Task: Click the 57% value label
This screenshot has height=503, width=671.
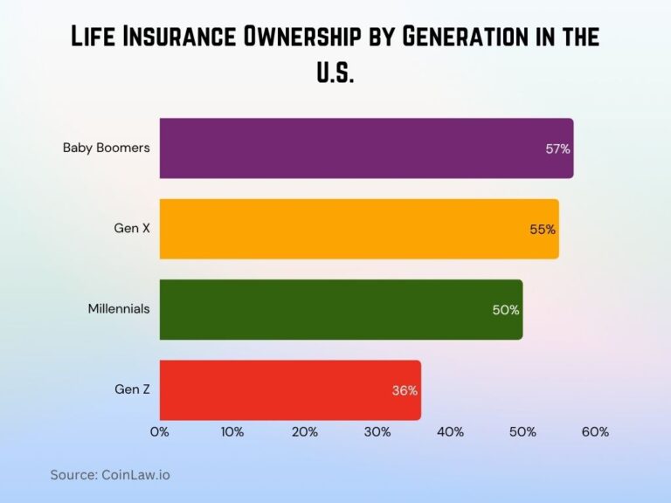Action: (x=557, y=149)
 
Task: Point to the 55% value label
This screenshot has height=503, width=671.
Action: (x=543, y=230)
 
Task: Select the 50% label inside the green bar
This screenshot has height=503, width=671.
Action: (x=506, y=310)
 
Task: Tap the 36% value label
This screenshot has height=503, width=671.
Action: (x=405, y=391)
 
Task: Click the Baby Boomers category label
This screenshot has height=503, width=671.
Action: (x=106, y=148)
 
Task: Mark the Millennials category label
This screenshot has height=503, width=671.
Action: (x=119, y=309)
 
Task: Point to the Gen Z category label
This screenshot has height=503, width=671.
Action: (x=132, y=389)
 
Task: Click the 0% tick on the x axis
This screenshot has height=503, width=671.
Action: (x=160, y=431)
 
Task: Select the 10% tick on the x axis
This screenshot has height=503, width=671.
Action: (x=232, y=431)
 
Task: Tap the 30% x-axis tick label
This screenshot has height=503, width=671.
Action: (x=377, y=431)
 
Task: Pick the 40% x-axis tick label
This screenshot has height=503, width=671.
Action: (x=450, y=431)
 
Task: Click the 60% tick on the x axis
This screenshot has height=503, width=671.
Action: (x=595, y=431)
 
